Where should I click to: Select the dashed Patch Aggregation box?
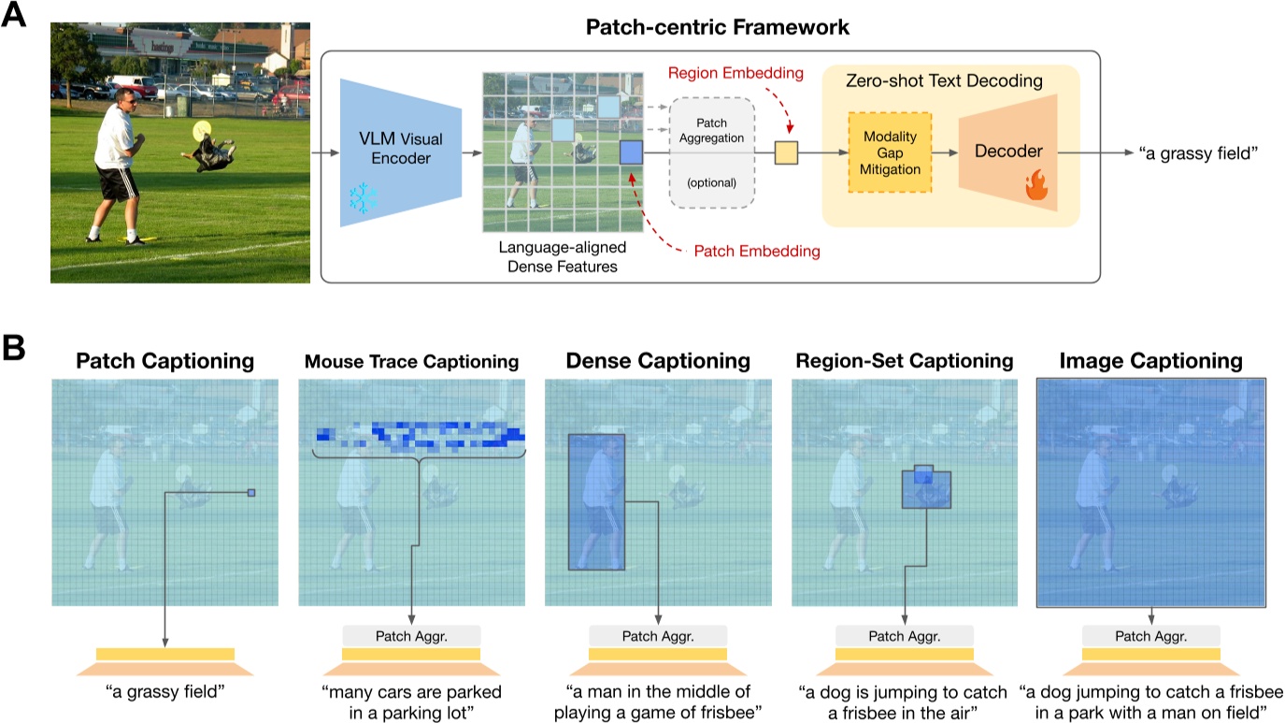coord(711,151)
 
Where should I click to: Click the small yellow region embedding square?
coord(786,151)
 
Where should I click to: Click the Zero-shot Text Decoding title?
coord(949,82)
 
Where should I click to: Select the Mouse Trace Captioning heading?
coord(412,361)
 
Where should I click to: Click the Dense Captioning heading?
coord(657,360)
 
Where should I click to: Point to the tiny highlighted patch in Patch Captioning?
coord(250,492)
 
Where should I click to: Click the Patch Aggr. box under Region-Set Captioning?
coord(904,636)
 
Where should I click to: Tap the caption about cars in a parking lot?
coord(412,701)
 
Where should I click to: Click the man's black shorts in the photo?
coord(120,185)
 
